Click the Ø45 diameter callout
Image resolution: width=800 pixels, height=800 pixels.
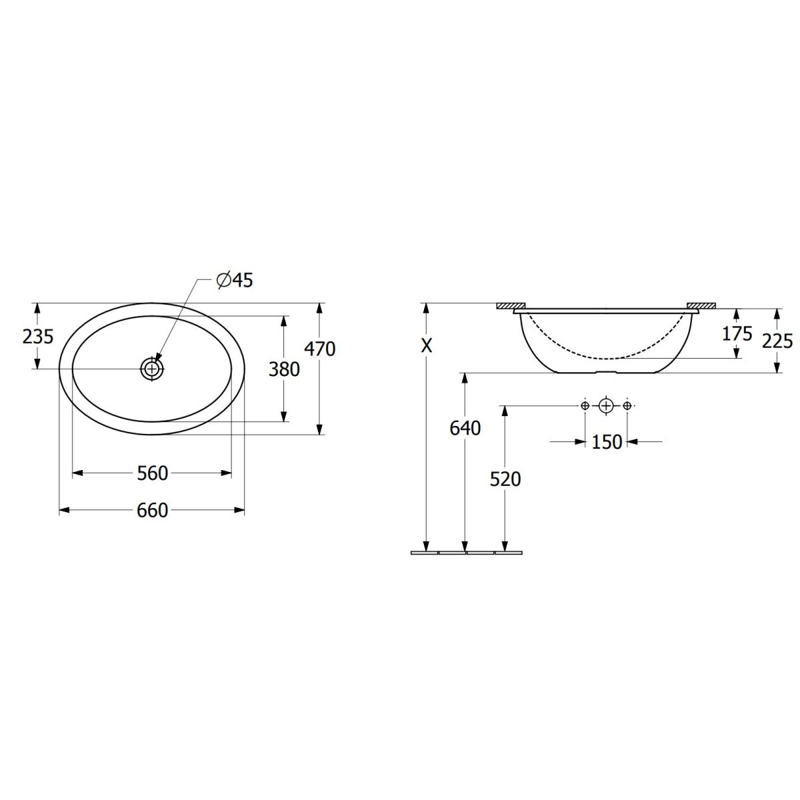click(x=235, y=281)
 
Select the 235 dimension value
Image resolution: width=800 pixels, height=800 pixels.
click(x=38, y=337)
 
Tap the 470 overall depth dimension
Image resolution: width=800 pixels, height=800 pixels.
click(x=320, y=349)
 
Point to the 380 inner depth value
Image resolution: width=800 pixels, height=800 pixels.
click(x=284, y=369)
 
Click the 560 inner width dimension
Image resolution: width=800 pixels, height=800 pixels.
click(x=153, y=473)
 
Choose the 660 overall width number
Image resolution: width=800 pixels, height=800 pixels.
click(x=153, y=510)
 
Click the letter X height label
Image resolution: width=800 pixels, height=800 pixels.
click(x=427, y=346)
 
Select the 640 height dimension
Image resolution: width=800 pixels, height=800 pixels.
click(x=465, y=429)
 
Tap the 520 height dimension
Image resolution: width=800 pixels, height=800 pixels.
click(x=505, y=479)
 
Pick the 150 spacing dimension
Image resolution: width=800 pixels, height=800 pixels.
click(x=607, y=442)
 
